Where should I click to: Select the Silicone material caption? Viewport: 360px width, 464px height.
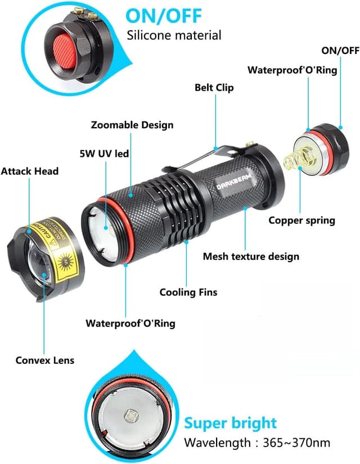point(174,35)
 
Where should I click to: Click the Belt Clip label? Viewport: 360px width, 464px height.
point(214,88)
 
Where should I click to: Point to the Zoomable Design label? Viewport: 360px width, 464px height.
point(132,125)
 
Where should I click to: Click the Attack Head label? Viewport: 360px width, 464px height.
point(29,170)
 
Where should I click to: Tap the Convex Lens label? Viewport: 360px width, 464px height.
point(44,360)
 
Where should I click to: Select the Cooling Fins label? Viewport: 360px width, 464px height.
point(188,292)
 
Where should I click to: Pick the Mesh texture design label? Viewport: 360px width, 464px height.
point(251,256)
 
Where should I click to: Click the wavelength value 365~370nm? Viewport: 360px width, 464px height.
point(299,443)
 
